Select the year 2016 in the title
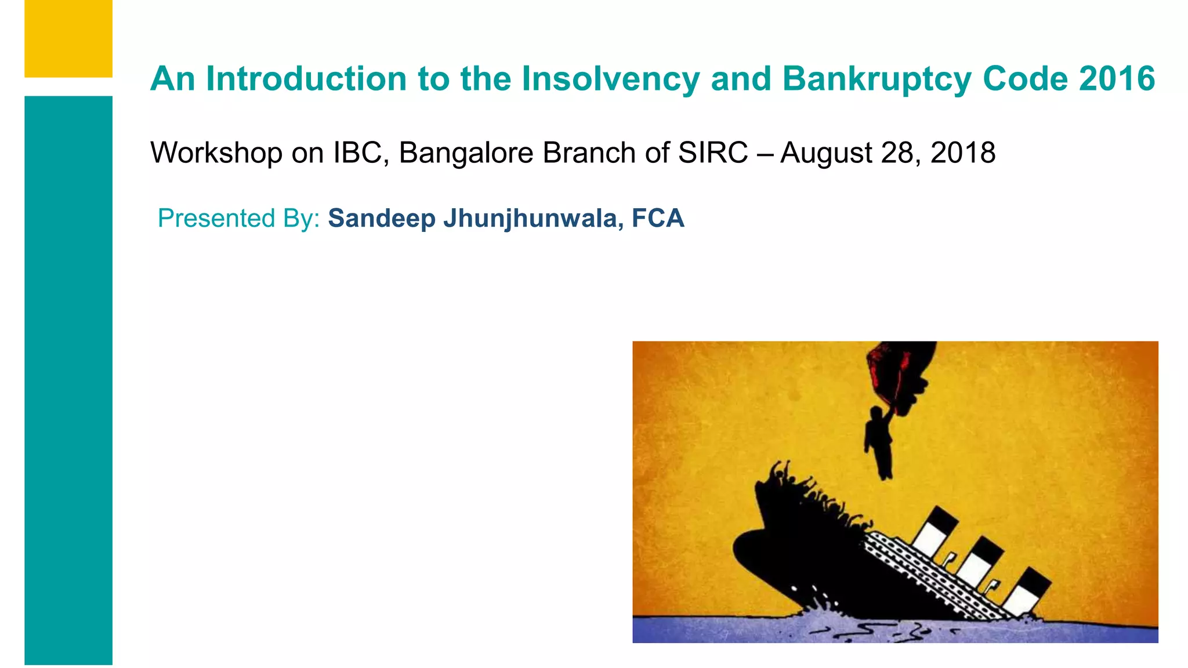coord(1117,79)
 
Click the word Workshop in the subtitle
coord(216,153)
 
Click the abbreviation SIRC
coord(713,153)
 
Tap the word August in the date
coord(826,153)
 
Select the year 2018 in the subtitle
coord(963,153)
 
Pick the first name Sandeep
coord(381,219)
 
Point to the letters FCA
coord(658,219)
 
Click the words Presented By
coord(238,219)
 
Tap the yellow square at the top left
coord(68,38)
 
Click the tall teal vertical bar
coord(68,380)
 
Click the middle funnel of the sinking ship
coord(981,560)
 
